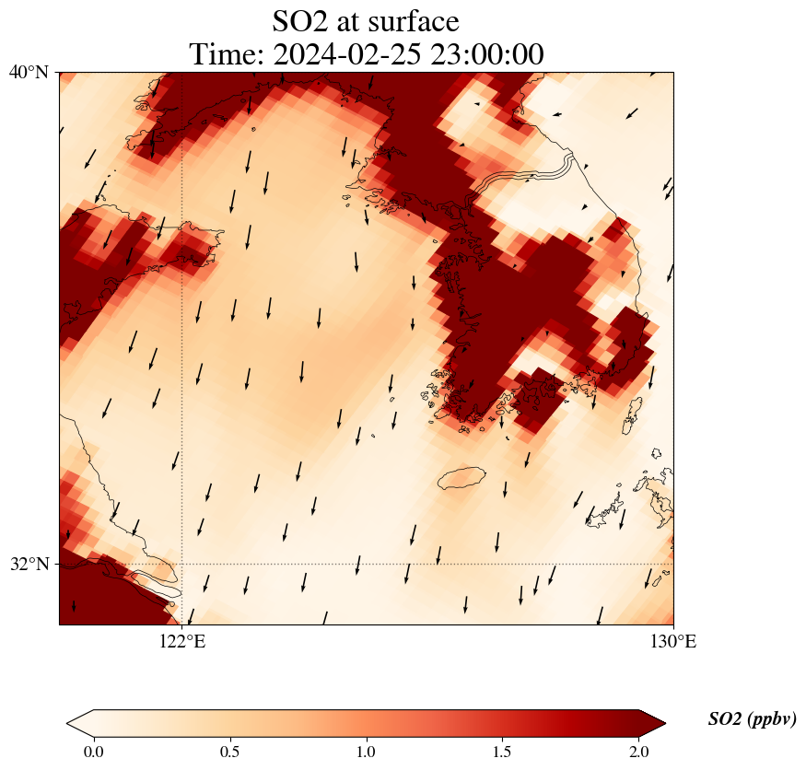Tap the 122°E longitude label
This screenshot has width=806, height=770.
[182, 641]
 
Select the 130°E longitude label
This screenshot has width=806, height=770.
[673, 641]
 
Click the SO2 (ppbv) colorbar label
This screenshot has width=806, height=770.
[752, 719]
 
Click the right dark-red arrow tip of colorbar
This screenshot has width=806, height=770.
[660, 722]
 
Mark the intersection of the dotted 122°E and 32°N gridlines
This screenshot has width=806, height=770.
[182, 564]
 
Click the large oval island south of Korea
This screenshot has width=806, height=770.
[461, 478]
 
